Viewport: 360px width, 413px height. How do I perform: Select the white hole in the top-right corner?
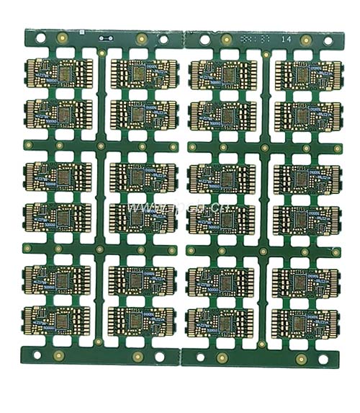click(327, 42)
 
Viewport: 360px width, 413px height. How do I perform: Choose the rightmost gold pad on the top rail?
click(305, 40)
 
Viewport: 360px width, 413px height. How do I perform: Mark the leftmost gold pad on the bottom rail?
click(60, 354)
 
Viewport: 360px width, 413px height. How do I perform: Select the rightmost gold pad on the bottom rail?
click(300, 358)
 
